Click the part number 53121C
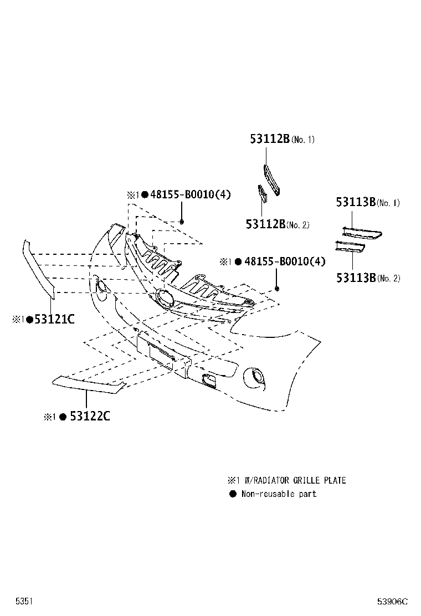coord(54,319)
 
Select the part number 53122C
coord(90,415)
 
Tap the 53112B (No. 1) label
coord(283,138)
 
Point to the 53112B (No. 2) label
coord(278,224)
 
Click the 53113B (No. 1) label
coord(368,202)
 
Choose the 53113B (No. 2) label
coord(368,278)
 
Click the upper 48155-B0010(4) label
coord(191,194)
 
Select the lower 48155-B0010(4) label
coord(285,261)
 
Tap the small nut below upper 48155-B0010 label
coord(182,222)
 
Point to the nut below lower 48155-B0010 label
coord(277,289)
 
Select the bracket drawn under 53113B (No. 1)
coord(362,233)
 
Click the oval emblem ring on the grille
coord(165,298)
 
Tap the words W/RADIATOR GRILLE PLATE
coord(295,480)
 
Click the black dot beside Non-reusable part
coord(233,494)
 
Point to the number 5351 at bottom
coord(24,601)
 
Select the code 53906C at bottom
coord(392,602)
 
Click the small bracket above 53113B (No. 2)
coord(350,247)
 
